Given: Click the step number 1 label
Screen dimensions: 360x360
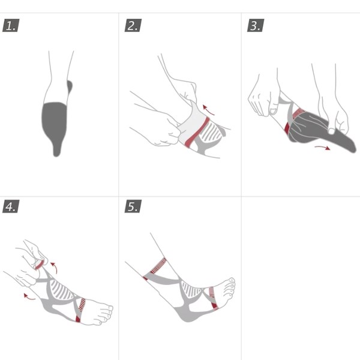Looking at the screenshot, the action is click(11, 25).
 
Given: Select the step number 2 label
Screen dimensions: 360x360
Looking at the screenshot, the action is click(133, 25).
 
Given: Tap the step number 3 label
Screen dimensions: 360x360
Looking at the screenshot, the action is click(256, 25).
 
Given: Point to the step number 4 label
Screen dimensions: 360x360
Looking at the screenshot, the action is click(11, 206).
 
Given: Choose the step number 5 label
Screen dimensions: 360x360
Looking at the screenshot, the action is click(133, 206).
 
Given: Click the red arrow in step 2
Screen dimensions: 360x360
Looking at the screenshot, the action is click(207, 110).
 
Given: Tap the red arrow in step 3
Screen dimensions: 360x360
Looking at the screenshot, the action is click(323, 148).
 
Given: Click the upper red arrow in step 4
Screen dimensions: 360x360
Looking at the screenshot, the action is click(55, 267).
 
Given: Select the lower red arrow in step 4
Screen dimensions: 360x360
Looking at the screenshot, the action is click(29, 296).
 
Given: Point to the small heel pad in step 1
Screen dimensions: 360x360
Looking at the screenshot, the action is click(70, 87).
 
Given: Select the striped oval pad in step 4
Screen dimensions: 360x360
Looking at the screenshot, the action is click(61, 290).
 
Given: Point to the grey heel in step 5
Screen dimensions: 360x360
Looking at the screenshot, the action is click(187, 315).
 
